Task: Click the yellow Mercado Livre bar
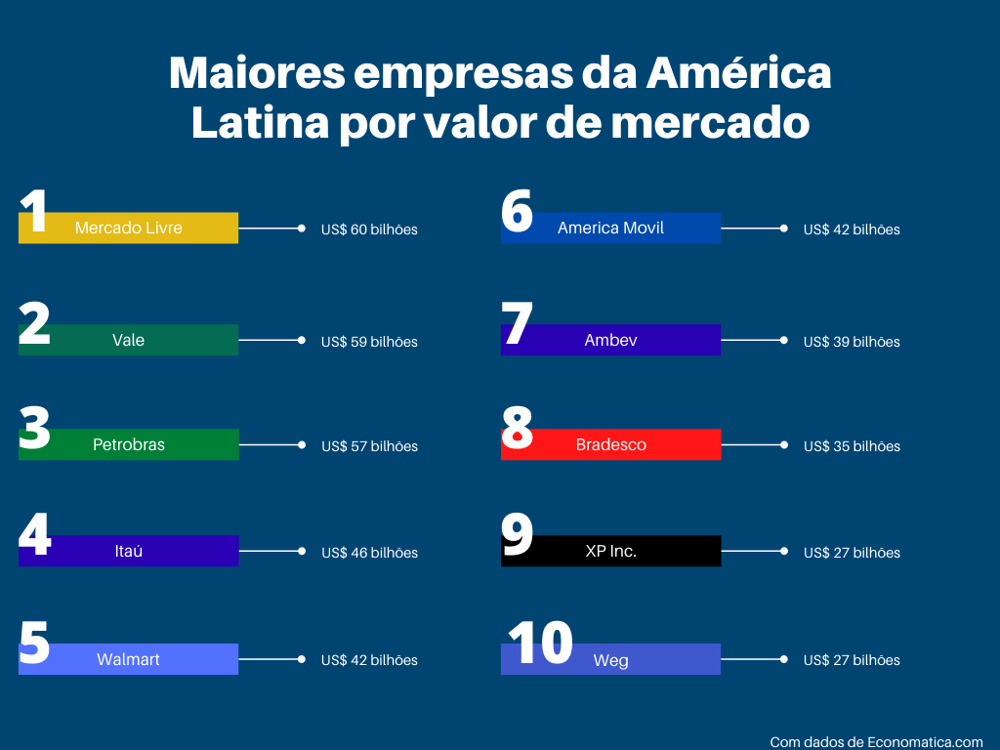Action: (x=129, y=228)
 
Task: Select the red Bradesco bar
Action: (x=610, y=444)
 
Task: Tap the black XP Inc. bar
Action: (x=610, y=551)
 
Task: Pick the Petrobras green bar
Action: (x=129, y=444)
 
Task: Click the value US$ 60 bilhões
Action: (x=369, y=229)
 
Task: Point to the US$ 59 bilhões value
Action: (x=369, y=342)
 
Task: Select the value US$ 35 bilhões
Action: (x=852, y=446)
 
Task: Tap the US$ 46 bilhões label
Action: (x=369, y=553)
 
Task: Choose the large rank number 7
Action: (x=518, y=324)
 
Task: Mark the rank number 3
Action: (x=35, y=430)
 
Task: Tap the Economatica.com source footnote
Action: (x=876, y=742)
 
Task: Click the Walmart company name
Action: (x=128, y=659)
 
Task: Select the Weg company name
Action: (x=610, y=661)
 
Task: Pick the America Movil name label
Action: (x=610, y=228)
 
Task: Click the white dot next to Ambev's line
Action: (x=783, y=341)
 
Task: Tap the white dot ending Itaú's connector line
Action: (x=301, y=551)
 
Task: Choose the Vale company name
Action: (x=128, y=340)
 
